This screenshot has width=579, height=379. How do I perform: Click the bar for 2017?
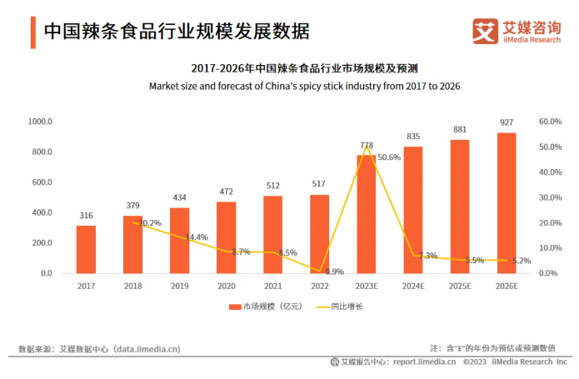[x=86, y=249]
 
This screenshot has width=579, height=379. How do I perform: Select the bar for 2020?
[x=226, y=237]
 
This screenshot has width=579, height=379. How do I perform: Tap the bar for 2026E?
[x=507, y=202]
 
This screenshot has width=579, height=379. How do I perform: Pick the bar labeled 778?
[x=367, y=214]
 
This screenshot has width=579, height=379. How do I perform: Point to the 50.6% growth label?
[x=389, y=157]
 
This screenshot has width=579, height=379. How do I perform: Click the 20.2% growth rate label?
[x=150, y=223]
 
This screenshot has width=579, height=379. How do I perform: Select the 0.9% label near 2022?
[x=335, y=272]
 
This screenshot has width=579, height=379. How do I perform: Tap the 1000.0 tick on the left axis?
[x=40, y=122]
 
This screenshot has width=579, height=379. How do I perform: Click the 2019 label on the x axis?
[x=179, y=286]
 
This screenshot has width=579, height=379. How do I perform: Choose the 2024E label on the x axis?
[x=413, y=286]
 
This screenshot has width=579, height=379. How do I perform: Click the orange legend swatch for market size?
[x=236, y=307]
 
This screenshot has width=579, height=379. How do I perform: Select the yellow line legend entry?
[x=326, y=307]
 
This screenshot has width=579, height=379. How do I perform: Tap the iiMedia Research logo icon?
[x=486, y=32]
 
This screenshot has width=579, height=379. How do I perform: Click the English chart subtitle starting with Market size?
[x=304, y=86]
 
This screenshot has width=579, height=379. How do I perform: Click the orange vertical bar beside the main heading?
[x=32, y=32]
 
